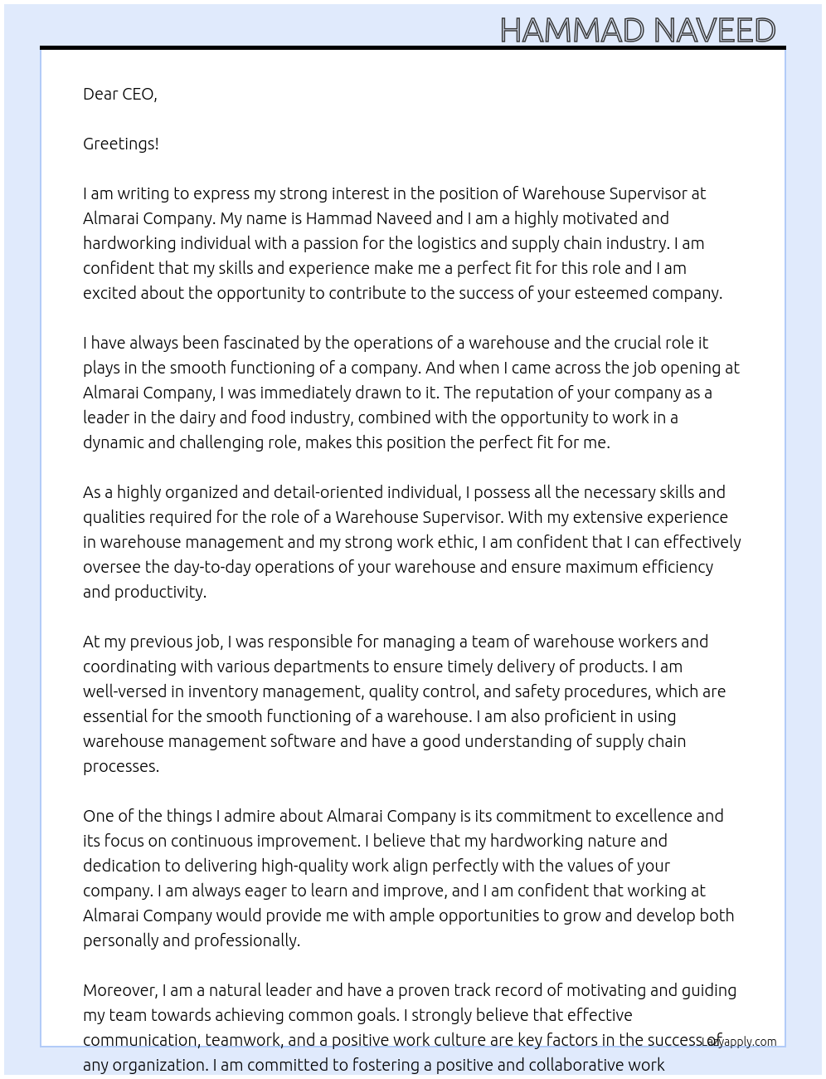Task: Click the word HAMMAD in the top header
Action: (572, 31)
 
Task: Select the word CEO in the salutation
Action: (138, 94)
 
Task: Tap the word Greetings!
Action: (121, 144)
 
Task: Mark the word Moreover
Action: (119, 990)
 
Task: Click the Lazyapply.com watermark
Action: (738, 1042)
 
